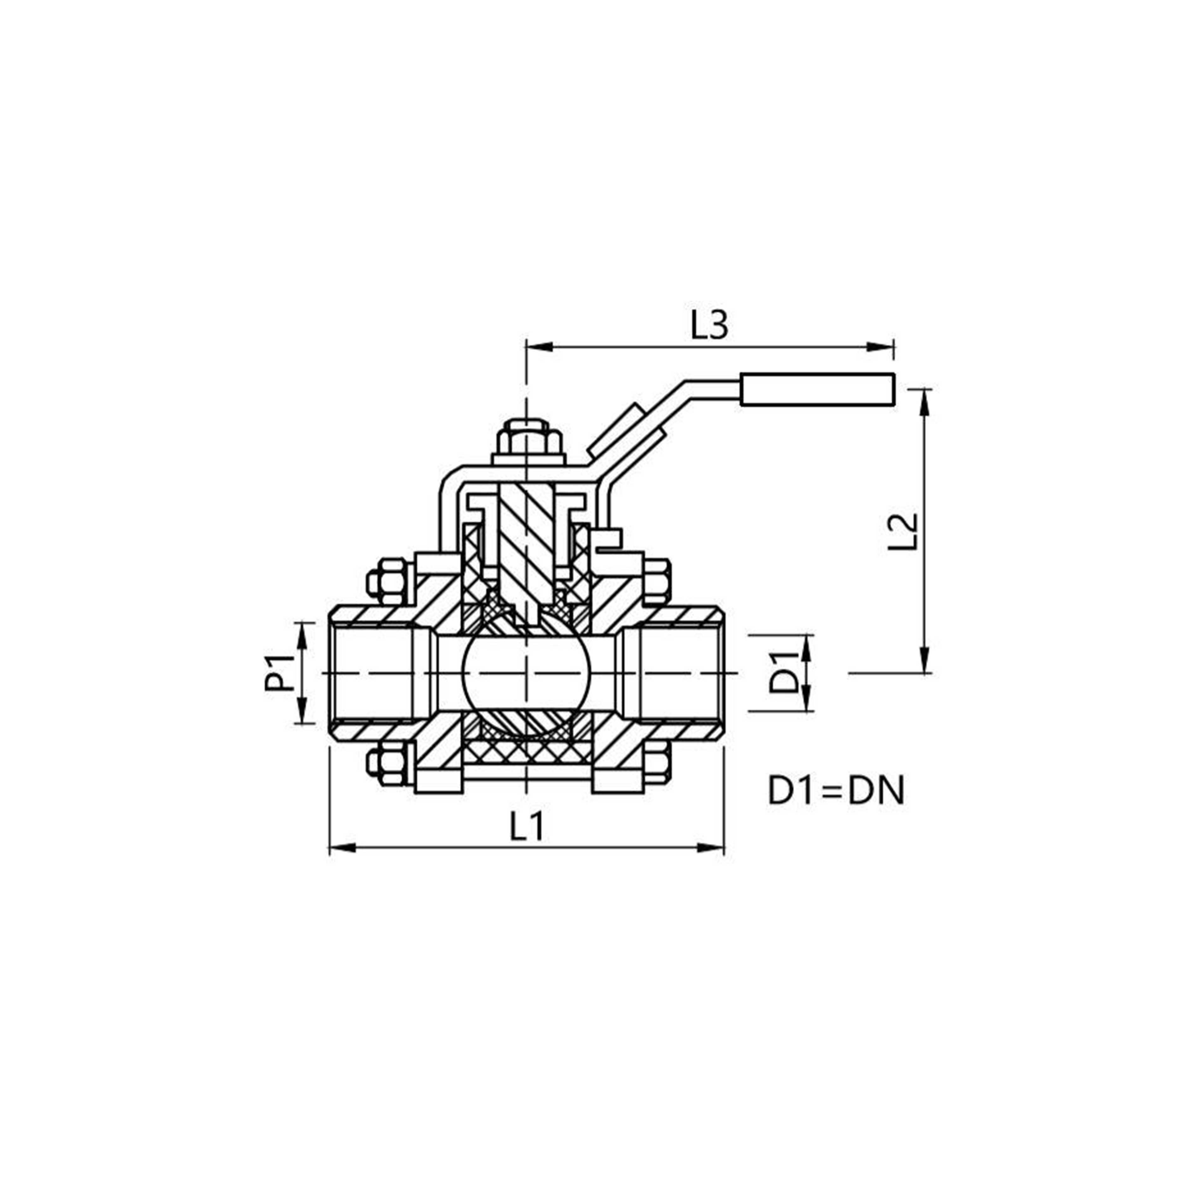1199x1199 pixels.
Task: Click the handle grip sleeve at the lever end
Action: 817,390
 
